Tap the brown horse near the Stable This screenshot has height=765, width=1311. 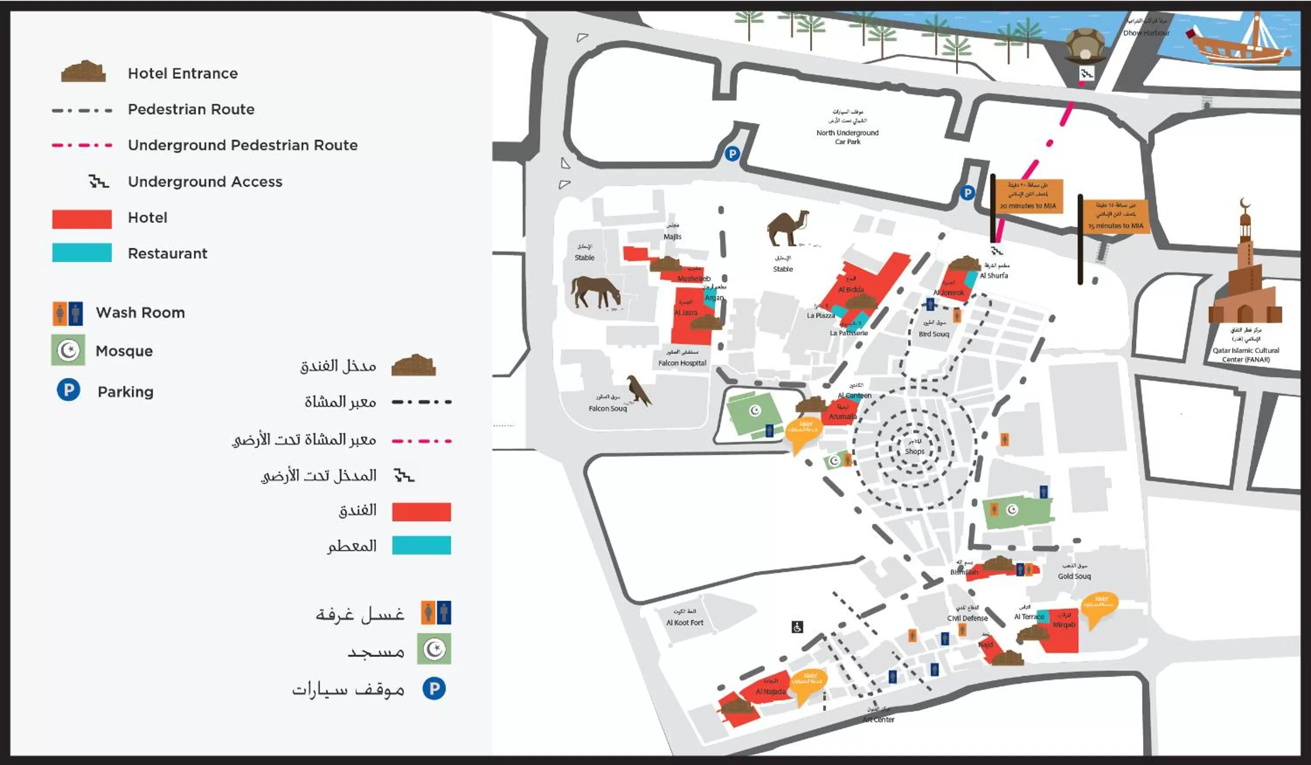click(x=595, y=292)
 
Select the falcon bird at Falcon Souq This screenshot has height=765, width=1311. click(x=638, y=390)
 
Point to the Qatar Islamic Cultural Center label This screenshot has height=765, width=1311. click(x=1245, y=354)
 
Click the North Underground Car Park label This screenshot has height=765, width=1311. click(x=847, y=137)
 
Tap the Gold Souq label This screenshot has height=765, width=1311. click(x=1074, y=576)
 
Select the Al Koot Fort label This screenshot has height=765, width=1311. click(x=684, y=623)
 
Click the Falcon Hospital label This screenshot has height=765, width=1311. click(x=682, y=363)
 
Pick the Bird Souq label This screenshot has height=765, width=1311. click(x=934, y=334)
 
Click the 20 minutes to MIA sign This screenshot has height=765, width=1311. click(x=1028, y=196)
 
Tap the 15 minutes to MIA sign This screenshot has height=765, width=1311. click(x=1116, y=217)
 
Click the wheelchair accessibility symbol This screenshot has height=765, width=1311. click(x=797, y=627)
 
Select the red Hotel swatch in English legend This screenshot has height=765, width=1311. click(x=81, y=219)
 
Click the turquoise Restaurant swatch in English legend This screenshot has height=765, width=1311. click(x=81, y=253)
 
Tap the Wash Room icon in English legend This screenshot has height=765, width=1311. click(x=67, y=314)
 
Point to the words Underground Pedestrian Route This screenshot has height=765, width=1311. click(x=242, y=145)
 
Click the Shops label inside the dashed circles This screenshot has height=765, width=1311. click(x=914, y=451)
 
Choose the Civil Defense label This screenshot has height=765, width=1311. click(x=967, y=618)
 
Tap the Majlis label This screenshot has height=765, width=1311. click(x=672, y=237)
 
